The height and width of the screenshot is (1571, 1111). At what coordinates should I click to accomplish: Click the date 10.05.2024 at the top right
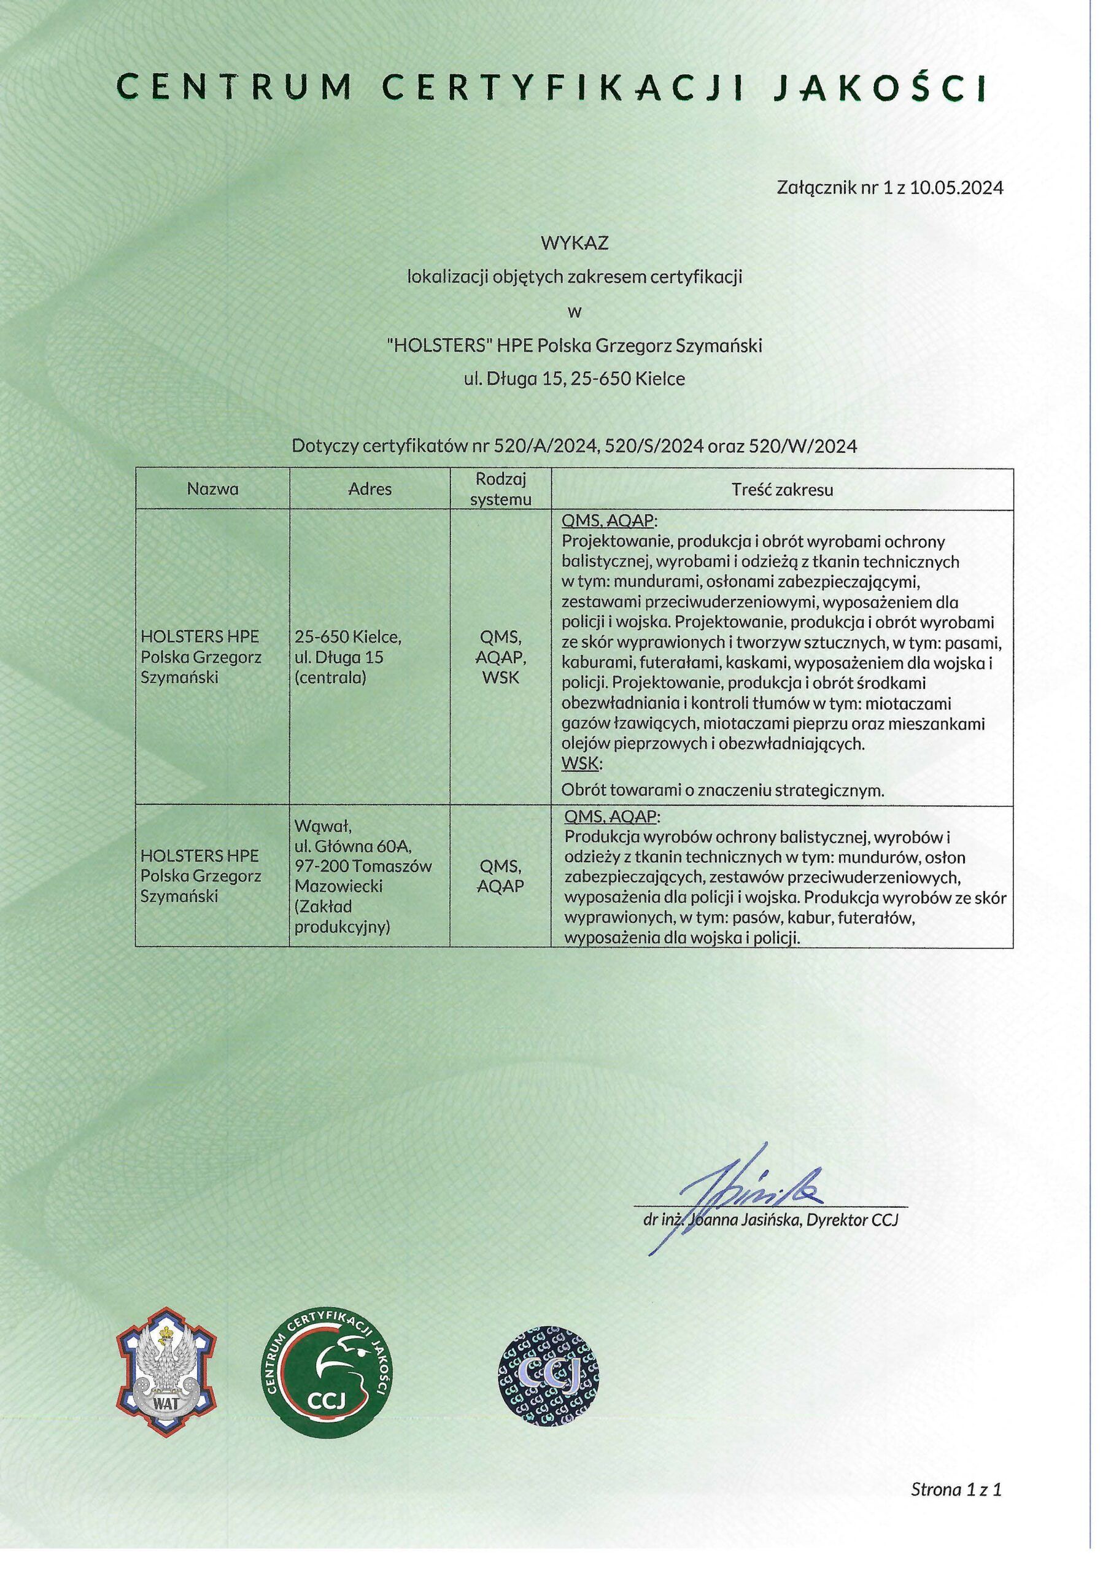956,188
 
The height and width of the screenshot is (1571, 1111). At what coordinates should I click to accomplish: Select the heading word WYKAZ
575,243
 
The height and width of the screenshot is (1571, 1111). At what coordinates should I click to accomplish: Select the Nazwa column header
213,489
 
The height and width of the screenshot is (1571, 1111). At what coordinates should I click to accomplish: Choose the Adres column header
370,489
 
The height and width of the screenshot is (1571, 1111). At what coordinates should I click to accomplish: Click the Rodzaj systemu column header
500,488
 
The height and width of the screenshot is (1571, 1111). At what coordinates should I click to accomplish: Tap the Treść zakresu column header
782,489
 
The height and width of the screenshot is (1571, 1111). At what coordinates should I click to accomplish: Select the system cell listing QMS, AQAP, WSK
500,657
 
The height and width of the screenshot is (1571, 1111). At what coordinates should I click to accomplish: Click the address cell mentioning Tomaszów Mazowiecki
363,876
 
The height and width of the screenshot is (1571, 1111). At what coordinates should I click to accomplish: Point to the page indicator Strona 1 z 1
956,1489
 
